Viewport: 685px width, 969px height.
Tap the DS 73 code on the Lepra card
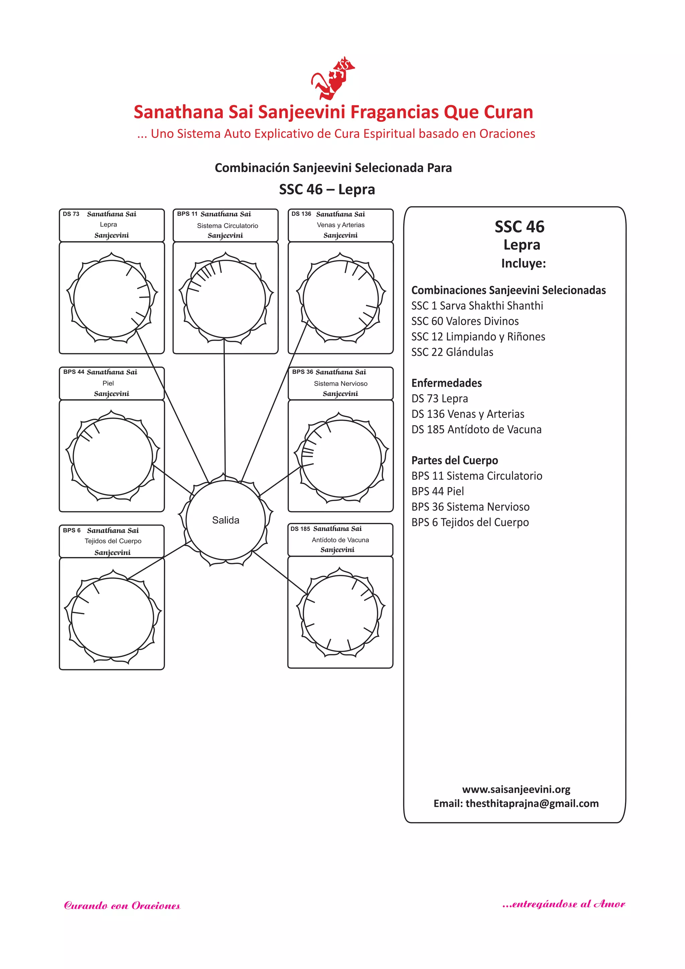coord(71,214)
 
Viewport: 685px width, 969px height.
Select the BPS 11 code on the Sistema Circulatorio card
coord(187,214)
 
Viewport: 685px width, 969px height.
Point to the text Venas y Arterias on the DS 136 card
coord(340,225)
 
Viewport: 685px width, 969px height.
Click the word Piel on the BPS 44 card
coord(108,383)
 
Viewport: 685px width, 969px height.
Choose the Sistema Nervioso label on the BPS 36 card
coord(340,384)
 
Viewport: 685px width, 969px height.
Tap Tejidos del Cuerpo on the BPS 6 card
coord(113,541)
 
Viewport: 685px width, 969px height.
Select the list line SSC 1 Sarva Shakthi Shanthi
coord(477,306)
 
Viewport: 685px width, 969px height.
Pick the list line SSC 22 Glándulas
coord(452,352)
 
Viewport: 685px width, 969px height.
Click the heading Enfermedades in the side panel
coord(446,383)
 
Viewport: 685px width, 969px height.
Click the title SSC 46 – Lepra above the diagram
coord(326,189)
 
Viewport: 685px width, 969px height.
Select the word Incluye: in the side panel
coord(523,263)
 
